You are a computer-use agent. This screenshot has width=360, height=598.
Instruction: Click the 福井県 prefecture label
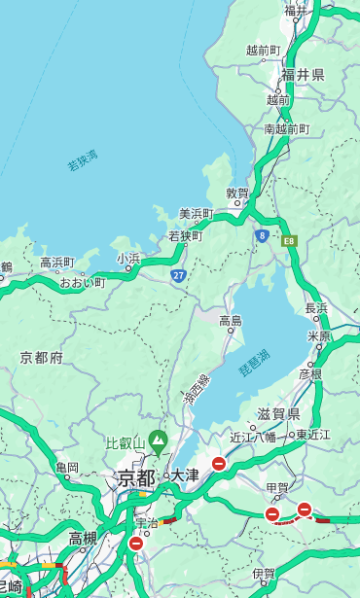click(304, 75)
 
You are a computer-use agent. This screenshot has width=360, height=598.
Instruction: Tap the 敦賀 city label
click(237, 193)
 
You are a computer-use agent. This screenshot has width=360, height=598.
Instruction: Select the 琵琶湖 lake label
click(254, 364)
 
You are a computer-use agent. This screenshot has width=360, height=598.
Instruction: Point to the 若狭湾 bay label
click(83, 160)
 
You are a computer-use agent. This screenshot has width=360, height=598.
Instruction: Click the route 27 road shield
click(179, 275)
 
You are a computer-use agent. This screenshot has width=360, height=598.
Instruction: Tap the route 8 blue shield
click(262, 234)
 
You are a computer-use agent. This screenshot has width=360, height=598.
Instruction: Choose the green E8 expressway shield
click(288, 239)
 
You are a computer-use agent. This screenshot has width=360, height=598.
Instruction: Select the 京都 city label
click(136, 477)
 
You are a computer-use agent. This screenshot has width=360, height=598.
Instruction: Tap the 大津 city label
click(184, 475)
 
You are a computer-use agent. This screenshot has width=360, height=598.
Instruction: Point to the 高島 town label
click(231, 320)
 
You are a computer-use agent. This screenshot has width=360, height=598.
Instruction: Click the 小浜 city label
click(128, 258)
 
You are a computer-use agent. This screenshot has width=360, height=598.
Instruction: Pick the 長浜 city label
click(316, 308)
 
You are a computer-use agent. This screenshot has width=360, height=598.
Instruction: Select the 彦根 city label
click(309, 373)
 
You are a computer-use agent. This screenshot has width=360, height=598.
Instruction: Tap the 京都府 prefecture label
click(42, 358)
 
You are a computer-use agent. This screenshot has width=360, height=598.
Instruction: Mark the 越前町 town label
click(263, 50)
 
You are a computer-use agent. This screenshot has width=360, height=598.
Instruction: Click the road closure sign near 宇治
click(135, 544)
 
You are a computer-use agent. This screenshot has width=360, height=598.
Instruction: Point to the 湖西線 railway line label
click(196, 390)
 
